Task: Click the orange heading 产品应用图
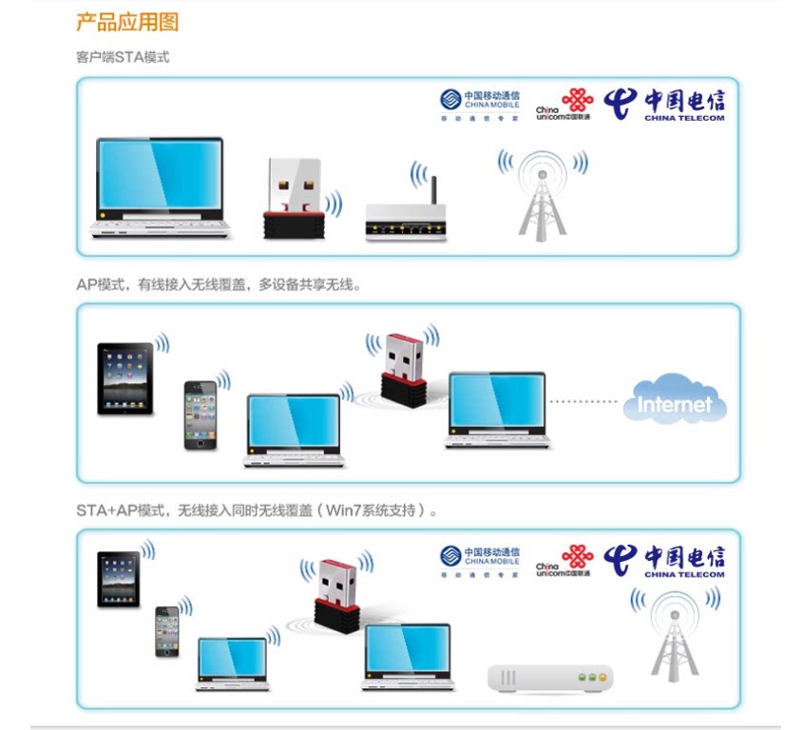coord(127,22)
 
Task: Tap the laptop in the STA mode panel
coord(161,187)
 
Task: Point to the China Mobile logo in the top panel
coord(480,105)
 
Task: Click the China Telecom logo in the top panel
coord(665,104)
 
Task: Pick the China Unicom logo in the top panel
coord(563,104)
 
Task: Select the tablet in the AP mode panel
coord(125,378)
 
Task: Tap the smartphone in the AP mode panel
coord(200,414)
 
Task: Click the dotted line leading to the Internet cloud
coord(583,401)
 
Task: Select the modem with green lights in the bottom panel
coord(550,678)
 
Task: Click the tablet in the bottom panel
coord(119,579)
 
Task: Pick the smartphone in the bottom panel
coord(167,631)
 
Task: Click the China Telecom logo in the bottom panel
coord(665,561)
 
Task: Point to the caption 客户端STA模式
coord(123,57)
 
